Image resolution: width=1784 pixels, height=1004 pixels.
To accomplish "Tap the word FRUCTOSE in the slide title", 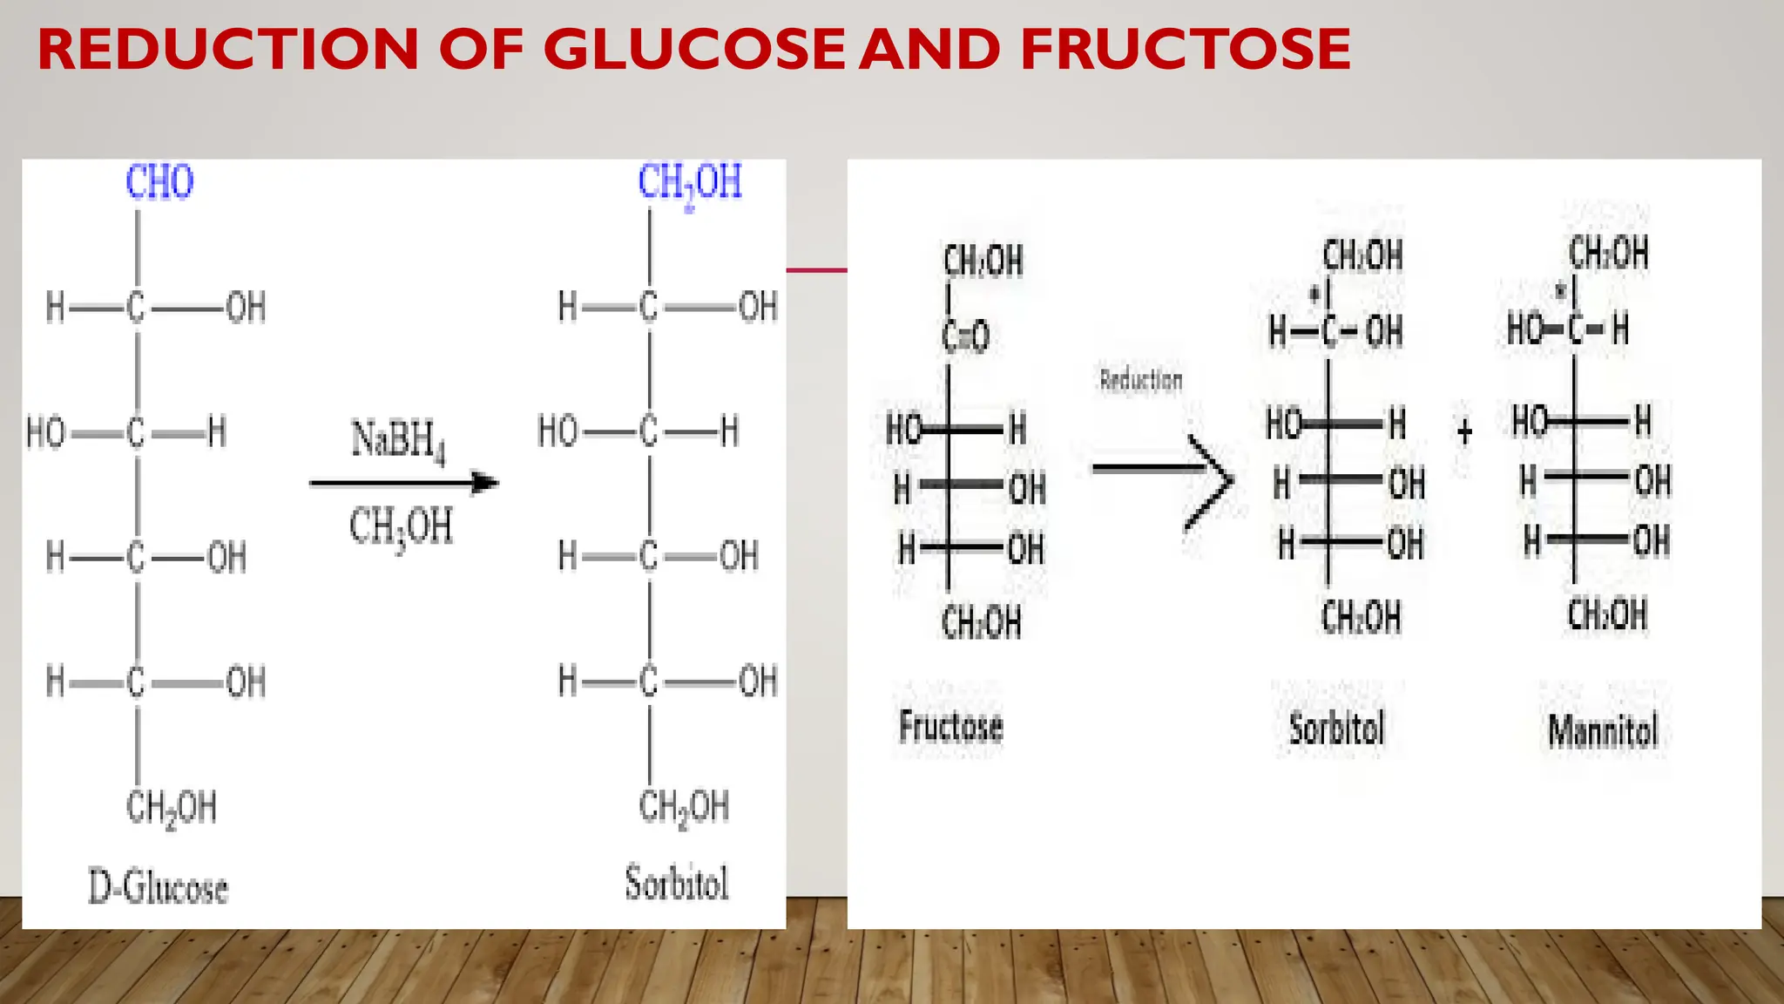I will tap(1185, 49).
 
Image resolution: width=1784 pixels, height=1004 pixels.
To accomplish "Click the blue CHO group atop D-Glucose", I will tap(159, 182).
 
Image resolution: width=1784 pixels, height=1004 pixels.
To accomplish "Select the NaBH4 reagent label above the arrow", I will tap(399, 439).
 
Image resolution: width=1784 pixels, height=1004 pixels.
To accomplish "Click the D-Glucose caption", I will tap(158, 887).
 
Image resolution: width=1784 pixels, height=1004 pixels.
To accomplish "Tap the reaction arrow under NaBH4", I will tap(403, 483).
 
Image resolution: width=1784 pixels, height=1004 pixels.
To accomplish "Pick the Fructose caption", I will tap(950, 727).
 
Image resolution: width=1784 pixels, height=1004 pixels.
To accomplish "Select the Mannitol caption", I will tap(1603, 730).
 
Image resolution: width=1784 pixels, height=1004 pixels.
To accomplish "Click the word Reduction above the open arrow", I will tap(1141, 380).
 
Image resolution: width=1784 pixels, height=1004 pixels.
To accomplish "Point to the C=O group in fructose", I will tap(965, 336).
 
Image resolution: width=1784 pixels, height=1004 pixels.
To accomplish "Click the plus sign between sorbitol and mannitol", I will tap(1464, 431).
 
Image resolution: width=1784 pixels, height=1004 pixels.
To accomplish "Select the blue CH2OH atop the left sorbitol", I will tap(689, 182).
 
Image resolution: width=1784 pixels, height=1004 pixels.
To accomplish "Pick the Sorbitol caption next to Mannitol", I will tap(1336, 729).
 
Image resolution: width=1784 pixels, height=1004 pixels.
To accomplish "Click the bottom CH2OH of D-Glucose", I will tap(171, 808).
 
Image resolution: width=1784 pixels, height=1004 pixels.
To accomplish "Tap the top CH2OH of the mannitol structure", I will tap(1608, 253).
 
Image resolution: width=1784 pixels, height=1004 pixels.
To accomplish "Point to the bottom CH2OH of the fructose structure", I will tap(981, 623).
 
